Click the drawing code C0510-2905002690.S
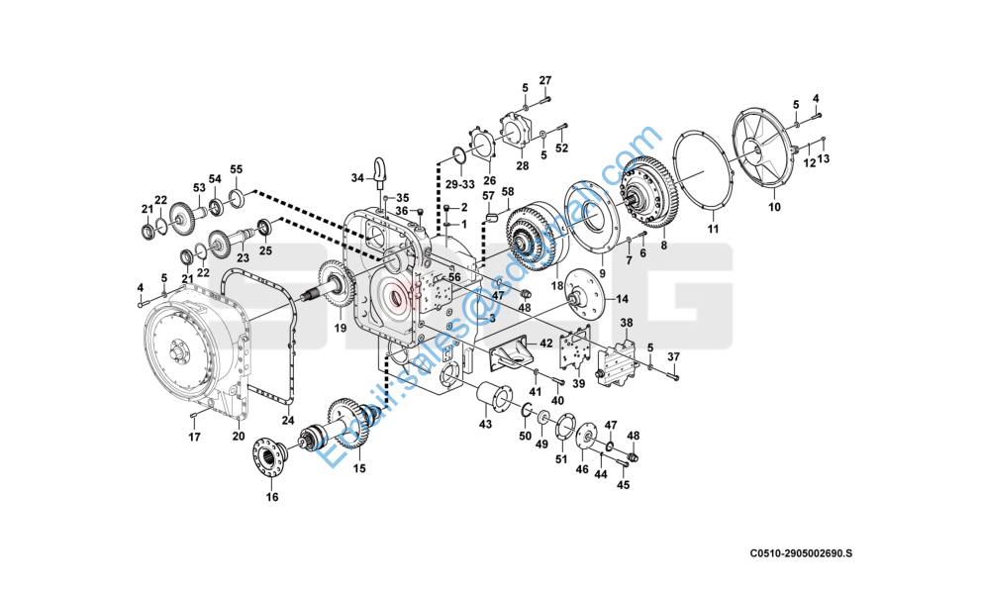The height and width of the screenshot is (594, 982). click(x=800, y=553)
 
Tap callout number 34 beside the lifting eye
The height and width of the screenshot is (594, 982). click(x=357, y=178)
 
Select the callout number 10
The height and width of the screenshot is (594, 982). click(x=774, y=208)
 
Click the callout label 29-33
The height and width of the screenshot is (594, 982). click(x=458, y=185)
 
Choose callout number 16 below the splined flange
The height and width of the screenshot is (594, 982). click(x=272, y=498)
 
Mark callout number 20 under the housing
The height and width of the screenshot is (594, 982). click(x=238, y=436)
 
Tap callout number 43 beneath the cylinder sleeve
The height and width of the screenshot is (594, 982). click(x=485, y=425)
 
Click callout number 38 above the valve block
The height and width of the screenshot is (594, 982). click(x=626, y=324)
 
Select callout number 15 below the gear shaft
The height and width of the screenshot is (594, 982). click(x=358, y=468)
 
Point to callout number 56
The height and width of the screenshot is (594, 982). click(x=454, y=278)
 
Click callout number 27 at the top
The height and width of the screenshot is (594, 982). click(x=545, y=80)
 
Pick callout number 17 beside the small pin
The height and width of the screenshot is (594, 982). click(x=195, y=437)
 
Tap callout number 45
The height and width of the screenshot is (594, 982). click(x=623, y=485)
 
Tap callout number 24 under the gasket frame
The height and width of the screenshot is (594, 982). click(x=288, y=420)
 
